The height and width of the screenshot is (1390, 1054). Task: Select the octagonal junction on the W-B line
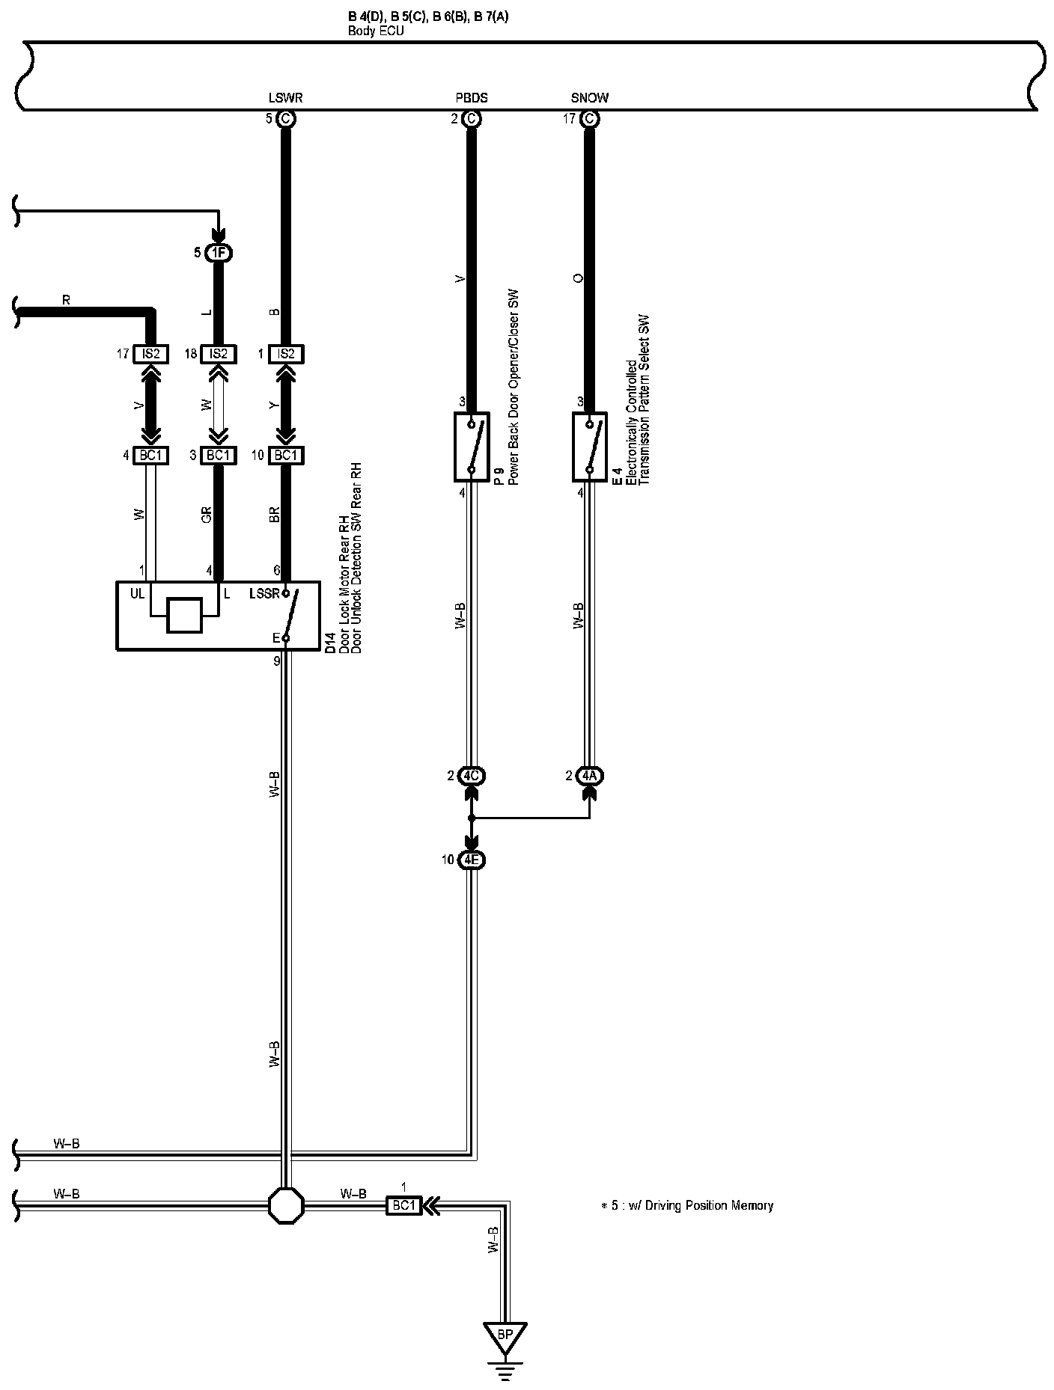click(287, 1205)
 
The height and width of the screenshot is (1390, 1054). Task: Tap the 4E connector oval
click(471, 860)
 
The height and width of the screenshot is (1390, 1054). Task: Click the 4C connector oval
click(471, 776)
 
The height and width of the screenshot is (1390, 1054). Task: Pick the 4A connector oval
click(590, 776)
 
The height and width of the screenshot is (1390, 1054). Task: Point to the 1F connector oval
click(218, 253)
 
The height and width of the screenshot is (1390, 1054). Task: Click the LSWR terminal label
click(285, 98)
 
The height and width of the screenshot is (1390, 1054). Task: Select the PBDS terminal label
click(472, 98)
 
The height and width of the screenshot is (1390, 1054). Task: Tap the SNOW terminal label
click(590, 98)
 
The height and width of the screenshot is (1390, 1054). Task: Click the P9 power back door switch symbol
click(472, 447)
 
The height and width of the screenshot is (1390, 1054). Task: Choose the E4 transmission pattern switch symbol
click(590, 447)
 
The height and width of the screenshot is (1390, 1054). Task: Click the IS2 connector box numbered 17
click(151, 354)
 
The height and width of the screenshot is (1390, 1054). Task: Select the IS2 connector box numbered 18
click(218, 354)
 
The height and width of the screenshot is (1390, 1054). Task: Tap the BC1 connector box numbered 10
click(286, 455)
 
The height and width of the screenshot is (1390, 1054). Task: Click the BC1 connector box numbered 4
click(151, 455)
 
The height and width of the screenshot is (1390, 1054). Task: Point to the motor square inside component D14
click(184, 616)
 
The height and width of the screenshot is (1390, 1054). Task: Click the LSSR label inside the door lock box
click(263, 594)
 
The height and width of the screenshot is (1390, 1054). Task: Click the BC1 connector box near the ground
click(403, 1205)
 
